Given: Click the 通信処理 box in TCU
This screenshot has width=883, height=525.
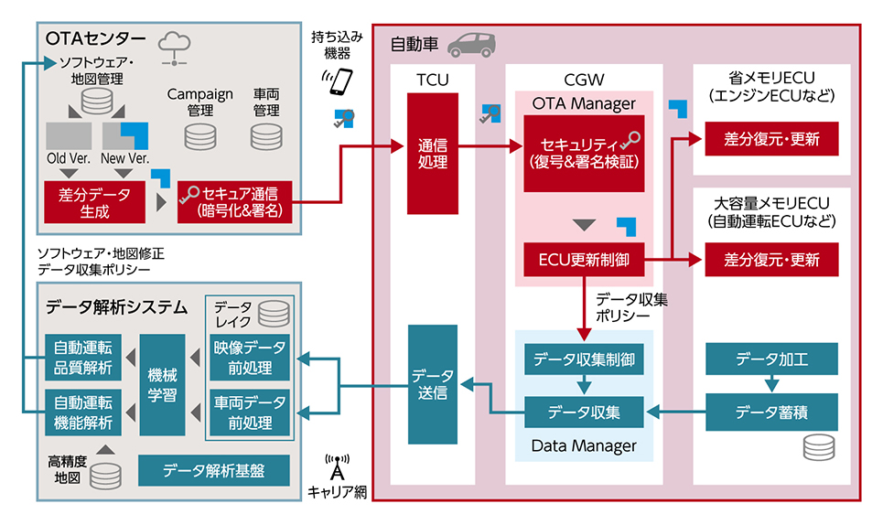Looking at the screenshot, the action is (x=433, y=154).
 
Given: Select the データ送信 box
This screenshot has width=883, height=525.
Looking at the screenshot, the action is (x=433, y=384).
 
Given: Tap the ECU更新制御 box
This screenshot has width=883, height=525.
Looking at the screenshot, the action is (x=584, y=260).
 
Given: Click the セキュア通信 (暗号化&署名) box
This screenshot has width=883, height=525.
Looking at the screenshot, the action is (x=235, y=202).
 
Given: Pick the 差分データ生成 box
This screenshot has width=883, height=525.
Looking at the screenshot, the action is (x=94, y=202).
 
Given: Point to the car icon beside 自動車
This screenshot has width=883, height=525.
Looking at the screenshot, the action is (x=472, y=45).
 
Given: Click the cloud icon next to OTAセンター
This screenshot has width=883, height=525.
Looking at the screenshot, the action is (x=174, y=48).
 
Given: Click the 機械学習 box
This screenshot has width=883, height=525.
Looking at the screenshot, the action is (x=162, y=385).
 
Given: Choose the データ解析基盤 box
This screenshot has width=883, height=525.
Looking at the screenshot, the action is (x=214, y=470).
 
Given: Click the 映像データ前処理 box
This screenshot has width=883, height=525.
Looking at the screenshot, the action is (x=250, y=358).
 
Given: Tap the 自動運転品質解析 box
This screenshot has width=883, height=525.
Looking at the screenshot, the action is (x=82, y=358).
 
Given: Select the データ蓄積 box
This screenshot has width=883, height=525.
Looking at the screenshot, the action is (x=771, y=412).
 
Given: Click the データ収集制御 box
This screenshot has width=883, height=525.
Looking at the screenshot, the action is (x=584, y=359).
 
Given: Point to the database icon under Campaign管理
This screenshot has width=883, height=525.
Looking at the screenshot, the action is (x=199, y=136).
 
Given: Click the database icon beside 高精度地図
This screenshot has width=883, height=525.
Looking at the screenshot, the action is (x=105, y=476).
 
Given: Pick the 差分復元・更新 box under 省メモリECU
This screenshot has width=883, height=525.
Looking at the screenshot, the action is (x=771, y=138).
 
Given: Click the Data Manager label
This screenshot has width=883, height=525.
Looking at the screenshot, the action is (x=584, y=446).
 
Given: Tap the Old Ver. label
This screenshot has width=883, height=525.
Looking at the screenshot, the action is (x=69, y=158).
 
